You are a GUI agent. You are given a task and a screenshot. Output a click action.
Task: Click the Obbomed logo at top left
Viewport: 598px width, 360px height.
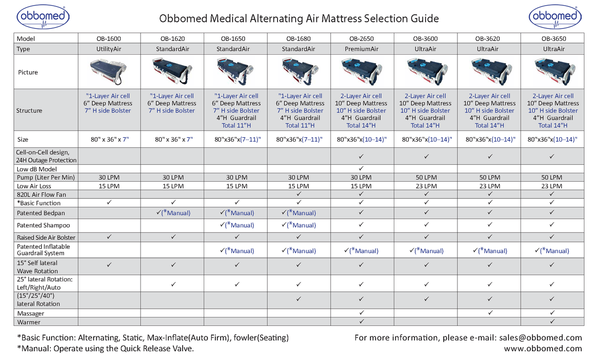tap(43, 17)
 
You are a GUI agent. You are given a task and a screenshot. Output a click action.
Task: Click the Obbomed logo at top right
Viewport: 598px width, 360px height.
tap(555, 17)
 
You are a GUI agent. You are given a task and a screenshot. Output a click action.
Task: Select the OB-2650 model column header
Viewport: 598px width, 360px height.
tap(361, 39)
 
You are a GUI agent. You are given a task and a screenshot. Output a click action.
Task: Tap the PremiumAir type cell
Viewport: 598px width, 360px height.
tap(361, 49)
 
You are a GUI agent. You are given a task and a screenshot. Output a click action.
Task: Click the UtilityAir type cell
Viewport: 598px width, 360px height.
tap(108, 49)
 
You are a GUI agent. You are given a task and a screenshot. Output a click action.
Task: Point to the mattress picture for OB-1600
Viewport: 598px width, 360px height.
tap(108, 72)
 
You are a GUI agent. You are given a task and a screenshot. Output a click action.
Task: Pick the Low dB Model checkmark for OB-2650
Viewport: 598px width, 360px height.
tap(361, 168)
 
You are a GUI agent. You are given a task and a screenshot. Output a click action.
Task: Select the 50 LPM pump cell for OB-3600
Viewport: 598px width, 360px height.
tap(426, 177)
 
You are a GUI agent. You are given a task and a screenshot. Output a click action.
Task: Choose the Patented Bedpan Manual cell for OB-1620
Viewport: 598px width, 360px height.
tap(173, 213)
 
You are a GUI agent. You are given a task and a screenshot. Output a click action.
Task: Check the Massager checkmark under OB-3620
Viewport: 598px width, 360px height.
tap(490, 313)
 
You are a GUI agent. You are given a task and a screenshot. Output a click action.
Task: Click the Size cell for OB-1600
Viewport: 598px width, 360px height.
tap(108, 139)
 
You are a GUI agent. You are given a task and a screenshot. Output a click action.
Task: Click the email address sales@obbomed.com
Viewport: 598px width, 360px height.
tap(540, 338)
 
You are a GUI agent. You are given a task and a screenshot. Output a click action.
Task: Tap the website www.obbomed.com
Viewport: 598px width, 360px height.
tap(543, 348)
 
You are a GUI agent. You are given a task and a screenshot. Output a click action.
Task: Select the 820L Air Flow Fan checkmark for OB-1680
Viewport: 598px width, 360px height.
tap(298, 194)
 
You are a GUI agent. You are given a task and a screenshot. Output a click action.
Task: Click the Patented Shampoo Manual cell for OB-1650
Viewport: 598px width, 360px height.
tap(237, 225)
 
